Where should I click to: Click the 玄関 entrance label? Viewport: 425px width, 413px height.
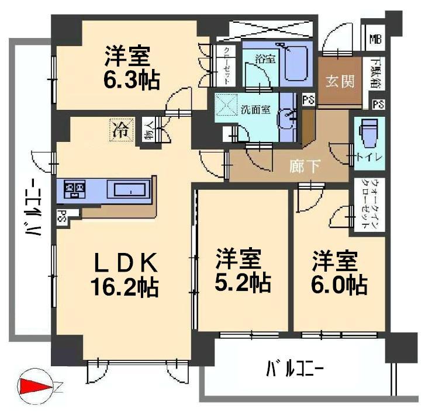[340, 81]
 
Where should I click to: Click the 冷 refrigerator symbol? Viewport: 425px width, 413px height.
[120, 129]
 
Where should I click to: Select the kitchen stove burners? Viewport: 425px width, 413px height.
[75, 189]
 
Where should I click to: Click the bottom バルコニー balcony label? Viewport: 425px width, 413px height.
[295, 369]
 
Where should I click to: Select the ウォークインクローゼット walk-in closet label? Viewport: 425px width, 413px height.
[369, 206]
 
